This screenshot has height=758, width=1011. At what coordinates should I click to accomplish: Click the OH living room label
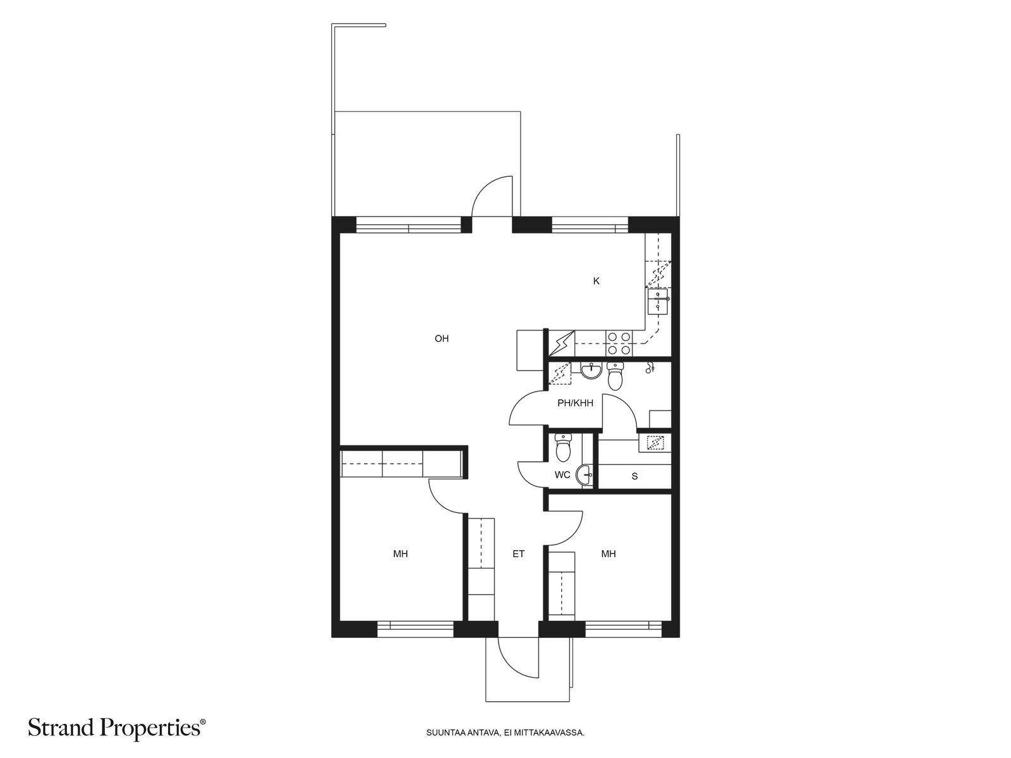441,339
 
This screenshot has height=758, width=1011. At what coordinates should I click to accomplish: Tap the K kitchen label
596,281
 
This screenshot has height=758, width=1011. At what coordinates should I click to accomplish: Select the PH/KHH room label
575,403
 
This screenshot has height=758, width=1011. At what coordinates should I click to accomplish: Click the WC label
562,475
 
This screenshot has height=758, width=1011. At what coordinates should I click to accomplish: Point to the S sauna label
634,476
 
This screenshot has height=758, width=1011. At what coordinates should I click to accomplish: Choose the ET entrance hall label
519,554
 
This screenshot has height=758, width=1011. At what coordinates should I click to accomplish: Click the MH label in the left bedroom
400,554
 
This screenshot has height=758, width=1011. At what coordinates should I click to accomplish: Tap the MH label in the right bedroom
608,554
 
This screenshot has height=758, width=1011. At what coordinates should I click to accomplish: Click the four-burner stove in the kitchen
619,344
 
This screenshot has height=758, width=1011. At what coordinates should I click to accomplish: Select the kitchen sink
658,301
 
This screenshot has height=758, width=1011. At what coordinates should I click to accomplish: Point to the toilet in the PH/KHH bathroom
615,376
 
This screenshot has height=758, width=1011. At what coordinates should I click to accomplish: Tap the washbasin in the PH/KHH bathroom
591,371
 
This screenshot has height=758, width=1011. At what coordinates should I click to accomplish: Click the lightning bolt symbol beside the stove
562,344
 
